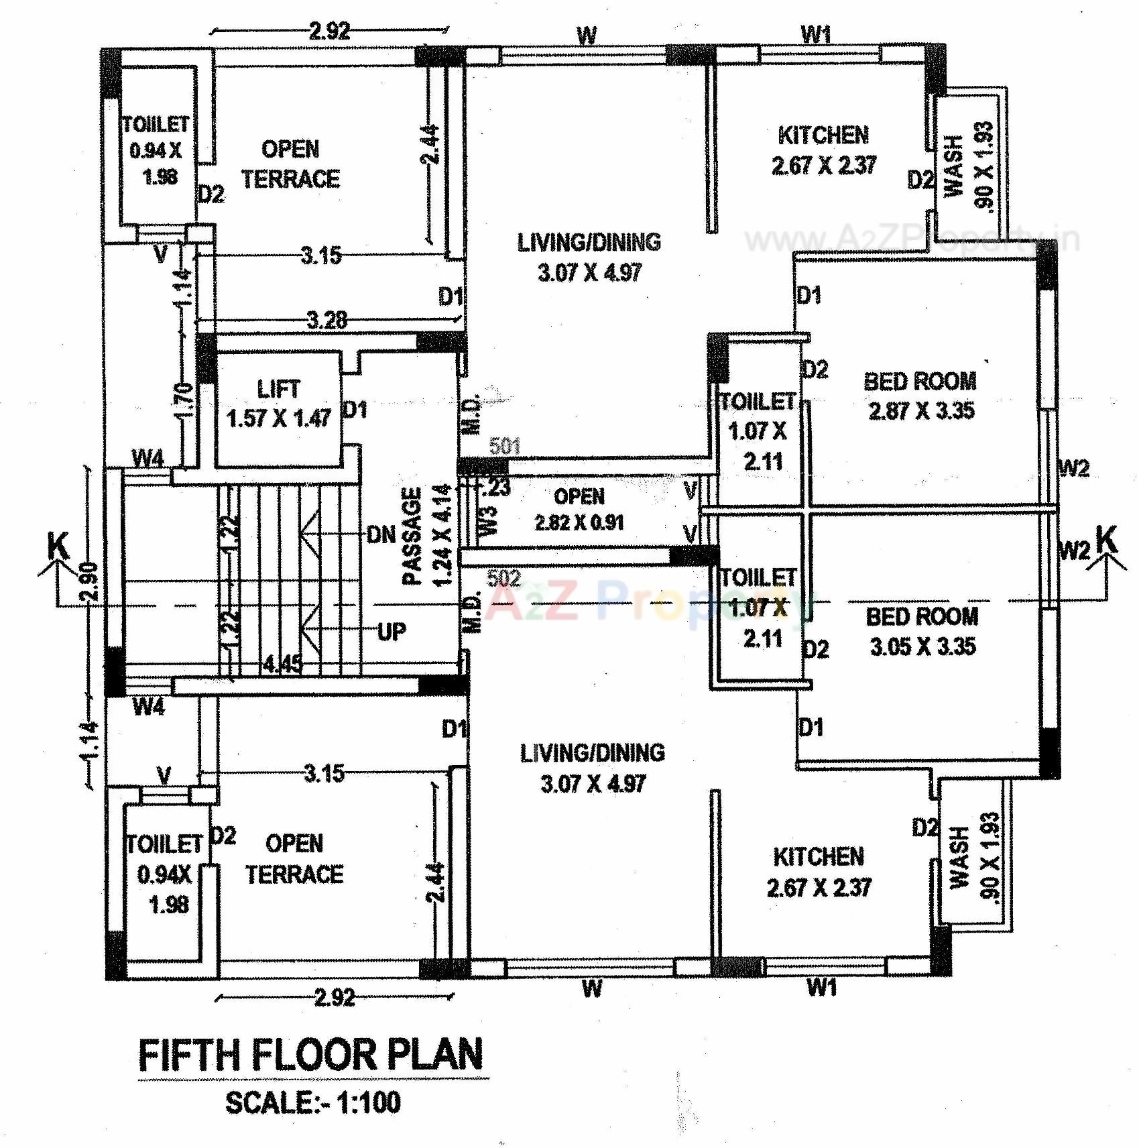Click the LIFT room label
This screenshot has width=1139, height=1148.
click(x=278, y=404)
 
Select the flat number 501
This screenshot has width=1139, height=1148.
click(x=505, y=446)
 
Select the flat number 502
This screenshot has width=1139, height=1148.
click(x=503, y=578)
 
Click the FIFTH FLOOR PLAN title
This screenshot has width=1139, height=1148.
click(x=311, y=1055)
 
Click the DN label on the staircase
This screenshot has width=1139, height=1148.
click(x=381, y=534)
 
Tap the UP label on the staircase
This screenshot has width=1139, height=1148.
click(x=392, y=631)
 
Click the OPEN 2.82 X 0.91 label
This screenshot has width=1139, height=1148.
click(x=579, y=510)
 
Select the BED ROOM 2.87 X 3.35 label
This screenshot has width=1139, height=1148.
click(x=920, y=396)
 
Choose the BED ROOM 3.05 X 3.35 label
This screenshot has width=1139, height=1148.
click(x=922, y=631)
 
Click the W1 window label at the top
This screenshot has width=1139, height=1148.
click(x=816, y=34)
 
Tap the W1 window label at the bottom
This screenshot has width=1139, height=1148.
click(x=822, y=987)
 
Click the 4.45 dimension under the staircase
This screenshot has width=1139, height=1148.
click(x=282, y=664)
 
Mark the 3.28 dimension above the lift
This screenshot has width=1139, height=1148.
click(x=326, y=320)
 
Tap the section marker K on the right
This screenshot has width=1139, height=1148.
click(x=1107, y=540)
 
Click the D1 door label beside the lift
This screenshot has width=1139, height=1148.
click(x=355, y=409)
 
